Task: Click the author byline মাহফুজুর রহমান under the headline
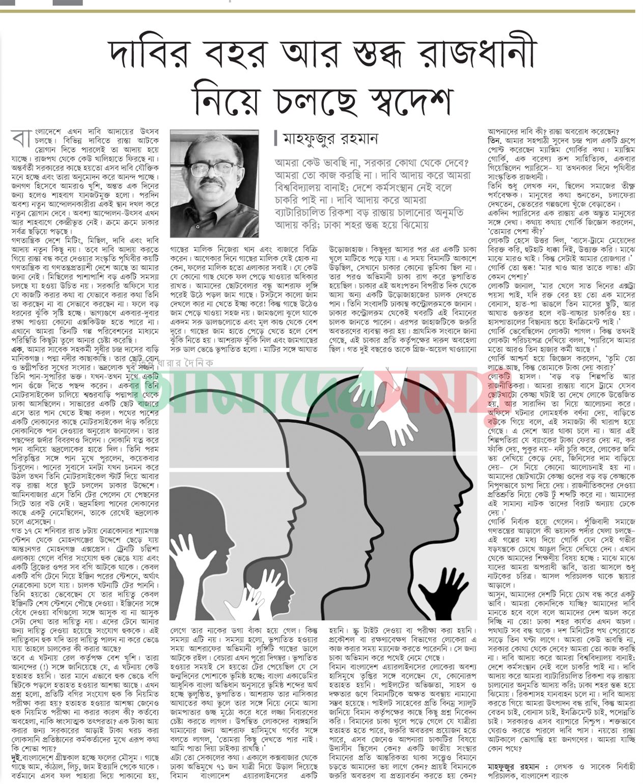pos(326,139)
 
